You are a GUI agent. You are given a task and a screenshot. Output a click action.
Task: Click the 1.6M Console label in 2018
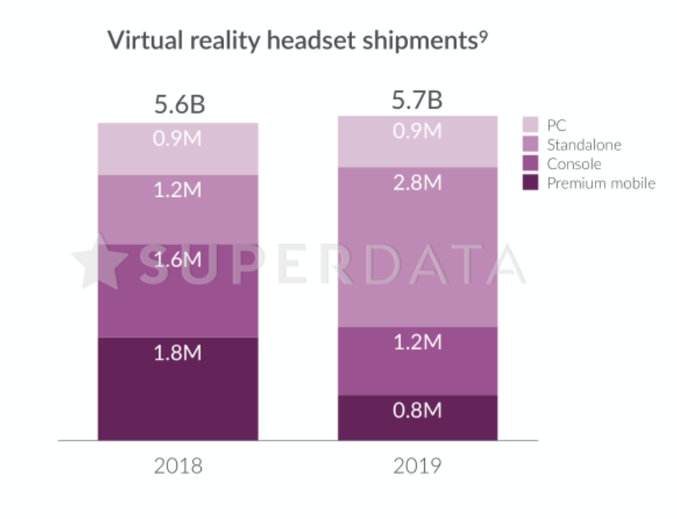(178, 259)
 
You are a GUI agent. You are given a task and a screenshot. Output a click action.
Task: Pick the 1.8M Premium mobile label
(178, 353)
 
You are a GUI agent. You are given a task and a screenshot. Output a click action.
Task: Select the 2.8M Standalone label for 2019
(416, 183)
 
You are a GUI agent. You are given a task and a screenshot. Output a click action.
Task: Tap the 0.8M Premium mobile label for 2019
(416, 410)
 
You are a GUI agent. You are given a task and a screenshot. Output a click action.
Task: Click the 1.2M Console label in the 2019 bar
(416, 342)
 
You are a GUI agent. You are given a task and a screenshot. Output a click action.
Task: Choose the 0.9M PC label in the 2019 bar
(416, 131)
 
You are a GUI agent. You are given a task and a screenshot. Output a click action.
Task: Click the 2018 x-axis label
(178, 466)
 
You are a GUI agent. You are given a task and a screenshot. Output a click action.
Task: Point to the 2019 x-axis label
(416, 466)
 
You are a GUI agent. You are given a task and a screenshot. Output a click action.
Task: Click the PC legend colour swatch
(530, 125)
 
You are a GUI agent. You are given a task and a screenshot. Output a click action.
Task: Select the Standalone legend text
(583, 145)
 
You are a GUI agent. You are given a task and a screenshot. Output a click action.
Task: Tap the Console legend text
(574, 164)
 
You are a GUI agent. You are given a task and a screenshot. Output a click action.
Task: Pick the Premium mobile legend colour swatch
(530, 184)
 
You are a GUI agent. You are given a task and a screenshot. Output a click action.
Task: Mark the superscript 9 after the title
(483, 35)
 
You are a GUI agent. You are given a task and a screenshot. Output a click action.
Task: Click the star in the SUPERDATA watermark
(100, 262)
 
